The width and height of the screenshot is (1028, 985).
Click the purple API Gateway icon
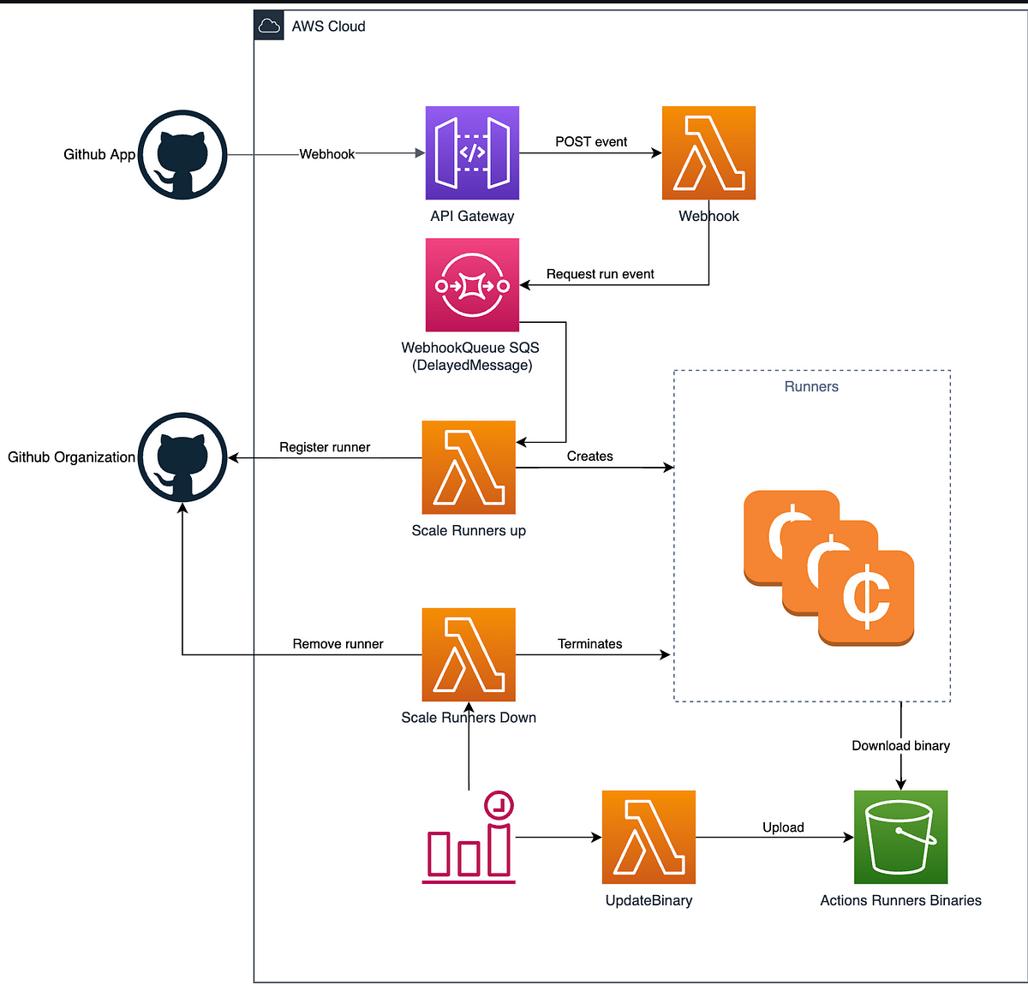472,152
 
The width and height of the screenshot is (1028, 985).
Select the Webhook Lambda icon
708,152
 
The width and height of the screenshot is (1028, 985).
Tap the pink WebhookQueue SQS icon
472,284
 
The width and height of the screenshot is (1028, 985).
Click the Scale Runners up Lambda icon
469,468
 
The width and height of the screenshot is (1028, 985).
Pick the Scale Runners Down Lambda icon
469,655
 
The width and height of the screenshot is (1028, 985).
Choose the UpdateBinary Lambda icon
648,837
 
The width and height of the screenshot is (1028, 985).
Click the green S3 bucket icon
900,837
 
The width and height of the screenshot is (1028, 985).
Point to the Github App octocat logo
182,155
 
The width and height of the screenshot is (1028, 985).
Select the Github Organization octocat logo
182,457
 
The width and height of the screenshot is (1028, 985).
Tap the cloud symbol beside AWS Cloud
269,26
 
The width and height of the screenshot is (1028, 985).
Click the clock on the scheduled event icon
499,805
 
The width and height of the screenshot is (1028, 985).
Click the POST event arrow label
591,141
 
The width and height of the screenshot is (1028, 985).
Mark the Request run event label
601,274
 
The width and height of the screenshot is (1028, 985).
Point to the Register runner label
325,447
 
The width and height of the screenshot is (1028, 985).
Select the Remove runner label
338,644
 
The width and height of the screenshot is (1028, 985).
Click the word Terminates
589,644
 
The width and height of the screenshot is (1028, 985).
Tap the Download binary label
900,746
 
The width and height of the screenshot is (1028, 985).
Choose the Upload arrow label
783,827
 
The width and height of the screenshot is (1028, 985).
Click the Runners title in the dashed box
811,386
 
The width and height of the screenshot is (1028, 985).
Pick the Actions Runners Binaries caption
900,900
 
